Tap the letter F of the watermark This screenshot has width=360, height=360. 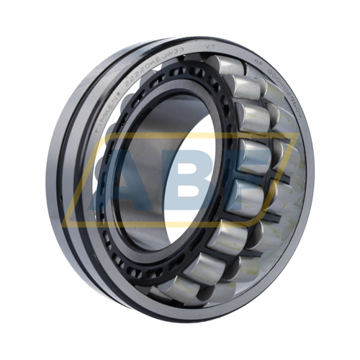pos(252,180)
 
